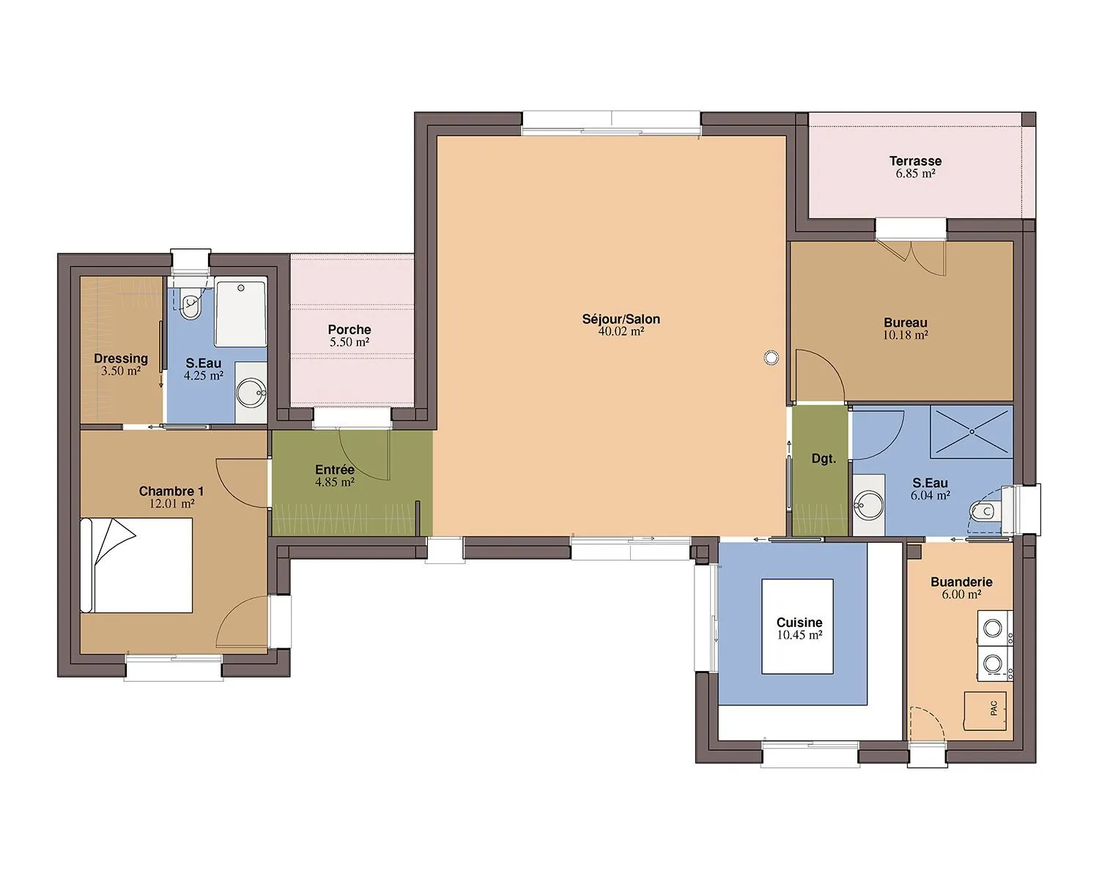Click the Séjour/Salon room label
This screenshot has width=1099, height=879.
tap(621, 319)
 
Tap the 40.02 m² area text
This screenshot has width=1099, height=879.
tap(621, 332)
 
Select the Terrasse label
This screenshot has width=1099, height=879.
tap(915, 161)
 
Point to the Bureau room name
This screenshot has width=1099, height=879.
tap(906, 323)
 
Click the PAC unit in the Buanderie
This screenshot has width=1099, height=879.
tap(985, 711)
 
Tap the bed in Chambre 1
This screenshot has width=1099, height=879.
tap(136, 565)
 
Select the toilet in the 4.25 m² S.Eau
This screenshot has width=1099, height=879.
tap(191, 303)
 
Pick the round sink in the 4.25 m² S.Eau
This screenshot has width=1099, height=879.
tap(251, 393)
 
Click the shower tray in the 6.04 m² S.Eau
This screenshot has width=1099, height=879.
tap(972, 431)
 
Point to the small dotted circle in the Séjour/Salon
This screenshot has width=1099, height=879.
tap(771, 357)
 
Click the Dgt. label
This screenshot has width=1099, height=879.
tap(824, 459)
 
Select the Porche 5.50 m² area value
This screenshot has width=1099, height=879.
tap(349, 342)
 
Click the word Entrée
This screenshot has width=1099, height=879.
tap(335, 470)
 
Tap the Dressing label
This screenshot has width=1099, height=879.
tap(121, 358)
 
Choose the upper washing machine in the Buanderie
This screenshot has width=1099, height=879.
tap(993, 628)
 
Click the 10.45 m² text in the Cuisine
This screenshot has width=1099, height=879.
tap(799, 635)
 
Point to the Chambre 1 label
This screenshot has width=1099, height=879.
tap(171, 492)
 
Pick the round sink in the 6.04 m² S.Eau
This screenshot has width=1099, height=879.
tap(868, 505)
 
